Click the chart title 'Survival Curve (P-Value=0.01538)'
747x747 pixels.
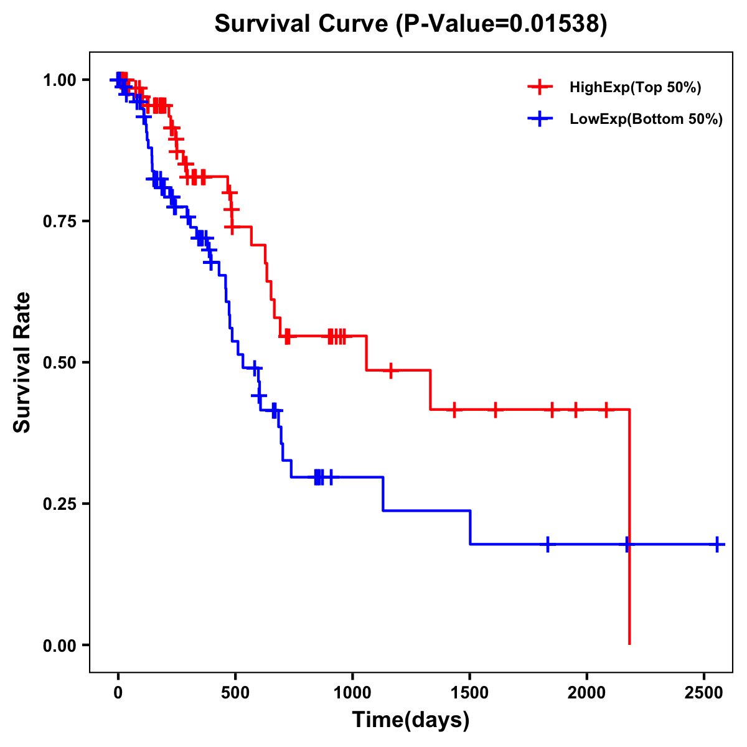(410, 24)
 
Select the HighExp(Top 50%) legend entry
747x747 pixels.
(635, 88)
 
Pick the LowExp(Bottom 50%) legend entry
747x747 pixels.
(646, 120)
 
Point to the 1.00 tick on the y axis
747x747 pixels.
(59, 80)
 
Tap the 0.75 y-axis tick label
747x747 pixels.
(59, 221)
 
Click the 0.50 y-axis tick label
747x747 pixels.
(59, 362)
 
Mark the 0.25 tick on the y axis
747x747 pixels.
(59, 504)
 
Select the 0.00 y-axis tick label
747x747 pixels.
(59, 645)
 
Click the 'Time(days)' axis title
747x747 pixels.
(410, 720)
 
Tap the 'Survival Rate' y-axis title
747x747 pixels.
(23, 362)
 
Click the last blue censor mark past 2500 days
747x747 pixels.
(717, 544)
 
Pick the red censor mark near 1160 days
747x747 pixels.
(390, 370)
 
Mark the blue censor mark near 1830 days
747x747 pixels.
(547, 544)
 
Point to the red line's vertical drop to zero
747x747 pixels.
(629, 529)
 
